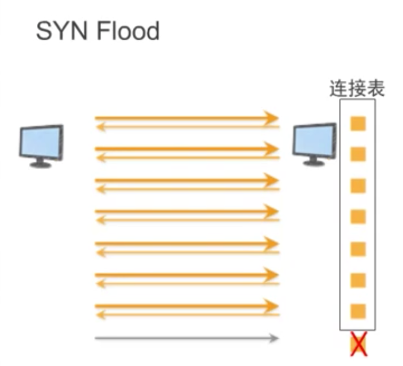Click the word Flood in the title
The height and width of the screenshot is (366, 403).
click(x=128, y=31)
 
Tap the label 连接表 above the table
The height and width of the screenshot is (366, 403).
click(x=357, y=89)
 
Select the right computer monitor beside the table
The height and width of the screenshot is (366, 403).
click(x=314, y=141)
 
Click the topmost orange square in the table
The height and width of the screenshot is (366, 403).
click(x=358, y=124)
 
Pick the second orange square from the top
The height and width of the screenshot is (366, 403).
click(x=358, y=155)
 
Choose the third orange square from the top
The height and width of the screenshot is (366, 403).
click(x=358, y=186)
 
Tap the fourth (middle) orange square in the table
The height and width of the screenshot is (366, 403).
click(x=358, y=217)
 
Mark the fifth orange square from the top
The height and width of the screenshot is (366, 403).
click(x=358, y=249)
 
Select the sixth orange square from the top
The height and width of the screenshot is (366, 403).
click(x=358, y=280)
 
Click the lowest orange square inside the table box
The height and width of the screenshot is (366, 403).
click(x=358, y=311)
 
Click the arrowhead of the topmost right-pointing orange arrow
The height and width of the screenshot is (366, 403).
click(x=273, y=117)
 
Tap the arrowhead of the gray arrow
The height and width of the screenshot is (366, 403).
click(x=274, y=338)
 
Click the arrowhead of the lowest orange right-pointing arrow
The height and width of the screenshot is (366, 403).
click(x=273, y=306)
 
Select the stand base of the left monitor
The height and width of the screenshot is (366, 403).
click(x=41, y=164)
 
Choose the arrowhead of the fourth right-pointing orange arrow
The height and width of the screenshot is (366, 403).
click(x=273, y=212)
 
